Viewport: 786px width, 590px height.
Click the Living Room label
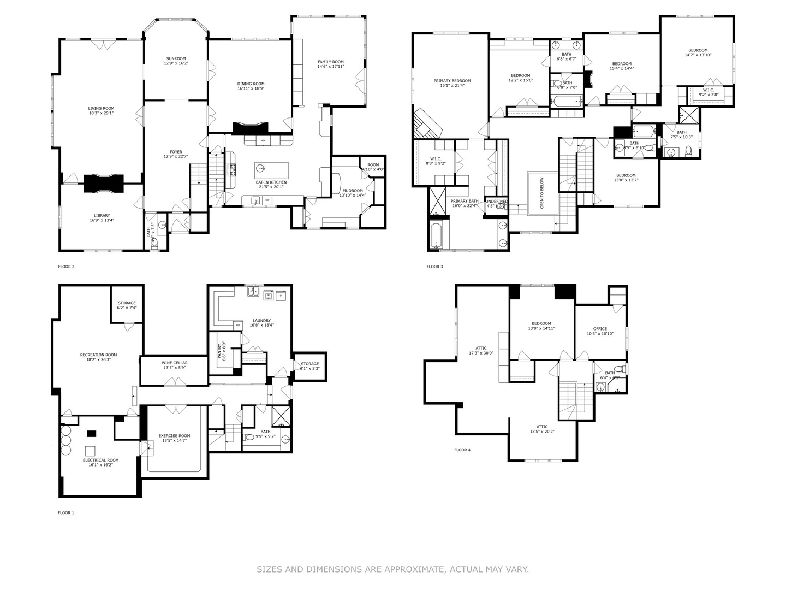point(101,109)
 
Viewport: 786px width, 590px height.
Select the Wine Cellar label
point(175,363)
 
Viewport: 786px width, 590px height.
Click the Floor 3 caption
point(434,267)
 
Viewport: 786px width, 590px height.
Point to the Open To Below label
point(542,193)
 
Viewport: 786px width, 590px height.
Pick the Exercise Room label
point(174,436)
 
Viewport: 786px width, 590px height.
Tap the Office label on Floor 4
point(600,329)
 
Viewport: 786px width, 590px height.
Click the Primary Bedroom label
point(452,81)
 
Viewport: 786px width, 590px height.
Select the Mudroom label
point(353,191)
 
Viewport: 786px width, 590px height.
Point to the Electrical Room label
point(100,460)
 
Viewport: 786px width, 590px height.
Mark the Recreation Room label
point(98,355)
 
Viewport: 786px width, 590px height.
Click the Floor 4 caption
point(462,450)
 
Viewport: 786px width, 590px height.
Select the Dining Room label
point(251,84)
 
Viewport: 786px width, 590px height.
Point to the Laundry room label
point(261,321)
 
